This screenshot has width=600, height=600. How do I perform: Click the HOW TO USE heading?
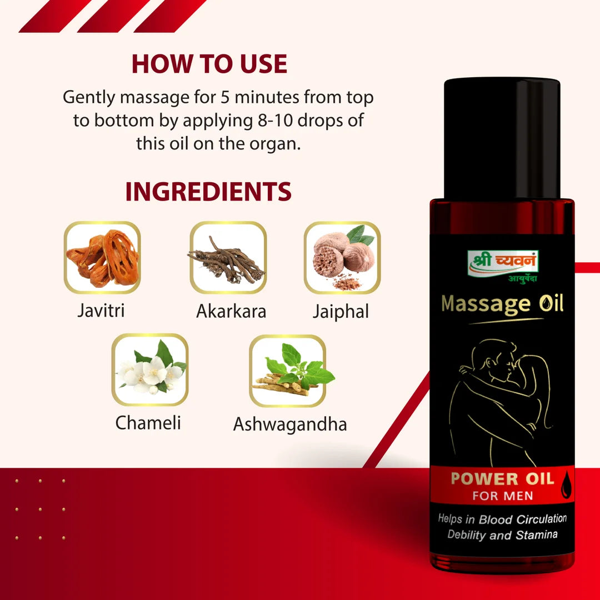[209, 63]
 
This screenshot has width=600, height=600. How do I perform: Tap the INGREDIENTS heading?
[208, 191]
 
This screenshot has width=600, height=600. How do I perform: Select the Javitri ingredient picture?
[102, 257]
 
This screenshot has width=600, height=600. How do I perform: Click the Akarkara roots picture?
[228, 257]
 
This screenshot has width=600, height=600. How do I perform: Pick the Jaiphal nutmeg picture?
[342, 257]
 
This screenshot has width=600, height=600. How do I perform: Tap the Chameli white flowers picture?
[150, 369]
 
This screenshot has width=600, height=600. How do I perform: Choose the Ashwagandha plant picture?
[288, 371]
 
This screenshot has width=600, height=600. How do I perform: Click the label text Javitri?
[101, 311]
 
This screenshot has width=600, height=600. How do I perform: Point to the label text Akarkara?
[231, 311]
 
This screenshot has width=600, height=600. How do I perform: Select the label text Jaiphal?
[341, 311]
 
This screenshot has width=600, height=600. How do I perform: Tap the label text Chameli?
[148, 423]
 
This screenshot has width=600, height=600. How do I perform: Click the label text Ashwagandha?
[290, 424]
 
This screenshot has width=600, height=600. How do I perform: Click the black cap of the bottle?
[502, 138]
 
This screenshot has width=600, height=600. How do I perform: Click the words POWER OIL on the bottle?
[502, 479]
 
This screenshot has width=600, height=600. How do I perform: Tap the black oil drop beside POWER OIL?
[566, 485]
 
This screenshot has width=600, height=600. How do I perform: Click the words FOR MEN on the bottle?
[503, 496]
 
